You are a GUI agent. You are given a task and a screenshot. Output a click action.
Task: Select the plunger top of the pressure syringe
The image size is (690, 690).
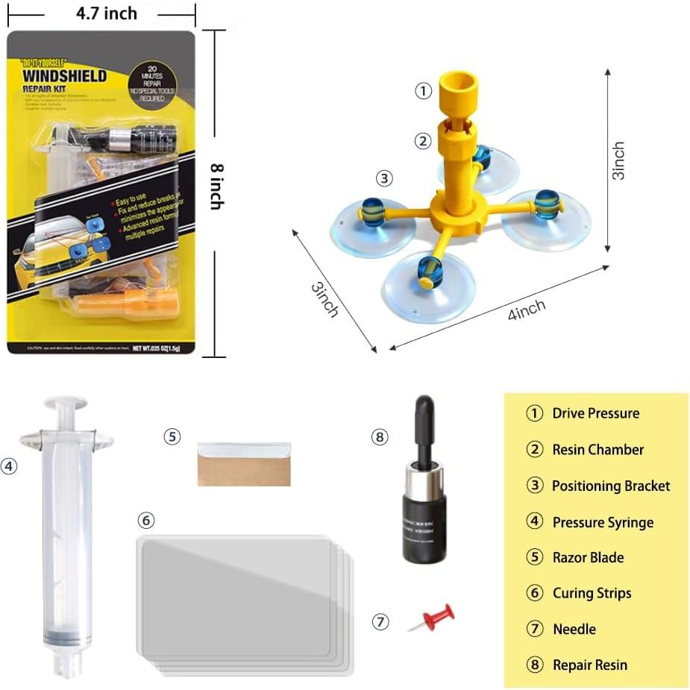[x=66, y=404]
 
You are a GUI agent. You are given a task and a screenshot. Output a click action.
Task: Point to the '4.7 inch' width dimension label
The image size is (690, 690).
[x=107, y=13]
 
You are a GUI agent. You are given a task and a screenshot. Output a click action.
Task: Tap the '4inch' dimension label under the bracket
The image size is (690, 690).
[x=526, y=309]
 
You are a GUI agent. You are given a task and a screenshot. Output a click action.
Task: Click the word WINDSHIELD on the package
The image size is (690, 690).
[x=64, y=76]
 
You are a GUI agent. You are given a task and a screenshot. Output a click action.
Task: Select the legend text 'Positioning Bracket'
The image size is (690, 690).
[x=610, y=486]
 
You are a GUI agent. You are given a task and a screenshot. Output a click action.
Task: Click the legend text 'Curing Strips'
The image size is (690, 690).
[x=592, y=593]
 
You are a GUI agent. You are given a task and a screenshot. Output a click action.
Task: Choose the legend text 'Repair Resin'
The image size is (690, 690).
[x=589, y=665]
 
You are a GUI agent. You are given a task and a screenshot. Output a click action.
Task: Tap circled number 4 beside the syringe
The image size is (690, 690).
[x=9, y=466]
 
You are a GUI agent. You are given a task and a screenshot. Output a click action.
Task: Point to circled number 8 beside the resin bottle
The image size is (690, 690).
[x=380, y=437]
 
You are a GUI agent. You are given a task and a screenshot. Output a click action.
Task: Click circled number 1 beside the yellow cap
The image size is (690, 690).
[x=423, y=91]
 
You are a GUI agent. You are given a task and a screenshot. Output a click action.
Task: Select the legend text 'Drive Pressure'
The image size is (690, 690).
[x=595, y=413]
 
